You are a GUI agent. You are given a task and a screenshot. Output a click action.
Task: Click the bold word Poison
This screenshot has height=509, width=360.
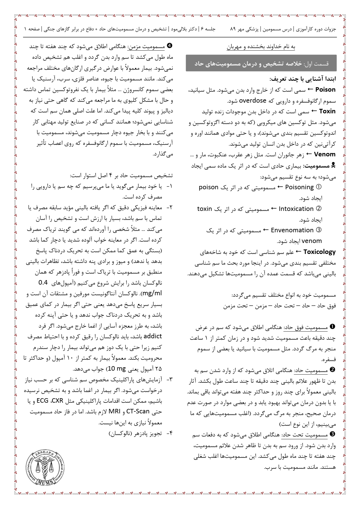pos(325,90)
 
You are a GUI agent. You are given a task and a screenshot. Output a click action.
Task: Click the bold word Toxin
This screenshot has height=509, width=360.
pos(327,111)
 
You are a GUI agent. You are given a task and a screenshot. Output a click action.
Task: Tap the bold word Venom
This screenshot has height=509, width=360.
pos(325,154)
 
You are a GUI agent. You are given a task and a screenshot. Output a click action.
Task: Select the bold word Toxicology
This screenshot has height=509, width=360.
pos(319,252)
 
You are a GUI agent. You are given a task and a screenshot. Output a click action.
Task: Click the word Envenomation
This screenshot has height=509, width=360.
pos(292,230)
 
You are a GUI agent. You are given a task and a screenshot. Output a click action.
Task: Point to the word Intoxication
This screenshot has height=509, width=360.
pos(296,209)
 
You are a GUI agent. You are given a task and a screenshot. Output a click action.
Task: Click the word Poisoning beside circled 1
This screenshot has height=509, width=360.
pos(299,187)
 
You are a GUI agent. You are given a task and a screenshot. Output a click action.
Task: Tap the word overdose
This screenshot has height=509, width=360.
pos(252,101)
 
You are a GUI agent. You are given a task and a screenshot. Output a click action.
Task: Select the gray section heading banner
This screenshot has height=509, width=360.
pos(261,63)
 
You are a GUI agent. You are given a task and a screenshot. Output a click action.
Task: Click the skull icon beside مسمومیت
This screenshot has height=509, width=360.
pos(333,165)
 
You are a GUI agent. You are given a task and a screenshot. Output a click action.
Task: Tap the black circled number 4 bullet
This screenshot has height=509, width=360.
pos(169,46)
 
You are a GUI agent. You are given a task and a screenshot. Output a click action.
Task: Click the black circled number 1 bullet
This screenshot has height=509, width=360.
pos(332,327)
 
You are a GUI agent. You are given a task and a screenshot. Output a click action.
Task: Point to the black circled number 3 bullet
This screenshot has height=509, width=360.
pos(332,434)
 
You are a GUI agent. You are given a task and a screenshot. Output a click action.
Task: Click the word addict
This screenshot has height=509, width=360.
pos(153,336)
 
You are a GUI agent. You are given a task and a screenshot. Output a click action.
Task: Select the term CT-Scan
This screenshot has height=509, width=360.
pos(138,411)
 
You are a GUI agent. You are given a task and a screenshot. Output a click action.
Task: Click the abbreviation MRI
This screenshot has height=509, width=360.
pos(115,411)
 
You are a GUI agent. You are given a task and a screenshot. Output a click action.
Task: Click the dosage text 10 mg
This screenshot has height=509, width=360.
pos(117,369)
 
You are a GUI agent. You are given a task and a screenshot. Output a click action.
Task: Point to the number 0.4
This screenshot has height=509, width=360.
pos(43,282)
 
